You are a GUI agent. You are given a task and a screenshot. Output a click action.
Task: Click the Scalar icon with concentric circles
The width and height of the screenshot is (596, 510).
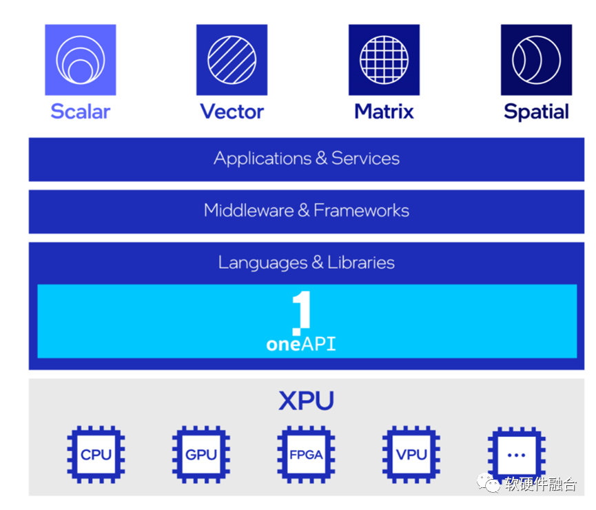(81, 60)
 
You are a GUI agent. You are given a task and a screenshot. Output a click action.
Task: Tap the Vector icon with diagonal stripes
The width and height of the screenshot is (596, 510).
(232, 60)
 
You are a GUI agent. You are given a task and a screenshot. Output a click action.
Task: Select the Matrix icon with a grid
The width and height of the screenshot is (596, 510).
(384, 60)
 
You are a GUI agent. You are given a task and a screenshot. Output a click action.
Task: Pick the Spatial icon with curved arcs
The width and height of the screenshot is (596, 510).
(536, 60)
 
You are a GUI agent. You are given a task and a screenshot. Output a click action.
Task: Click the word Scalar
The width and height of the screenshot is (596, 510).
(81, 112)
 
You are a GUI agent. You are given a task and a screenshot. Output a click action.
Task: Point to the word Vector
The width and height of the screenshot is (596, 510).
(232, 112)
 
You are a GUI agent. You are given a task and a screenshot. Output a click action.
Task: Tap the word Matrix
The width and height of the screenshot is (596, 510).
(384, 112)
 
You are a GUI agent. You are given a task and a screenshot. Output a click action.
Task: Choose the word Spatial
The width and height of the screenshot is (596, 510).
(536, 112)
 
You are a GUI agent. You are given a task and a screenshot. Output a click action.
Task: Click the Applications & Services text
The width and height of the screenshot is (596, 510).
(307, 159)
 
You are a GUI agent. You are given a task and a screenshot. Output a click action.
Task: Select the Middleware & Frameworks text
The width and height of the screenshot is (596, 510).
(307, 211)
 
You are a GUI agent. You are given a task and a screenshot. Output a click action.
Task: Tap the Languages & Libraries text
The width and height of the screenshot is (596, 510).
(307, 263)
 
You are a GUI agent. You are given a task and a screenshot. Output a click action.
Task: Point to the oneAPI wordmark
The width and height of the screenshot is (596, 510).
(301, 344)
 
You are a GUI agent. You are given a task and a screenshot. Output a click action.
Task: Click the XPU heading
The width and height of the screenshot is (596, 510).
(307, 401)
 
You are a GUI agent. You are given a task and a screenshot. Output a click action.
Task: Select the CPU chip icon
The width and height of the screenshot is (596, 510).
(96, 454)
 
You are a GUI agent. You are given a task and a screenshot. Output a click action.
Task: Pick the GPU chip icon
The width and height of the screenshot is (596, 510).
(201, 454)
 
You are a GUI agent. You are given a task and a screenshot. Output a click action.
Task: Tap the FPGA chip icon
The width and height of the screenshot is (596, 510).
(306, 454)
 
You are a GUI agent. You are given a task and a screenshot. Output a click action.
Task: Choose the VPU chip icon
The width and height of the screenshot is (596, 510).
(411, 454)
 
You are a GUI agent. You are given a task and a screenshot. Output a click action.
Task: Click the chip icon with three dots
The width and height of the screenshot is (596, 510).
(516, 454)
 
